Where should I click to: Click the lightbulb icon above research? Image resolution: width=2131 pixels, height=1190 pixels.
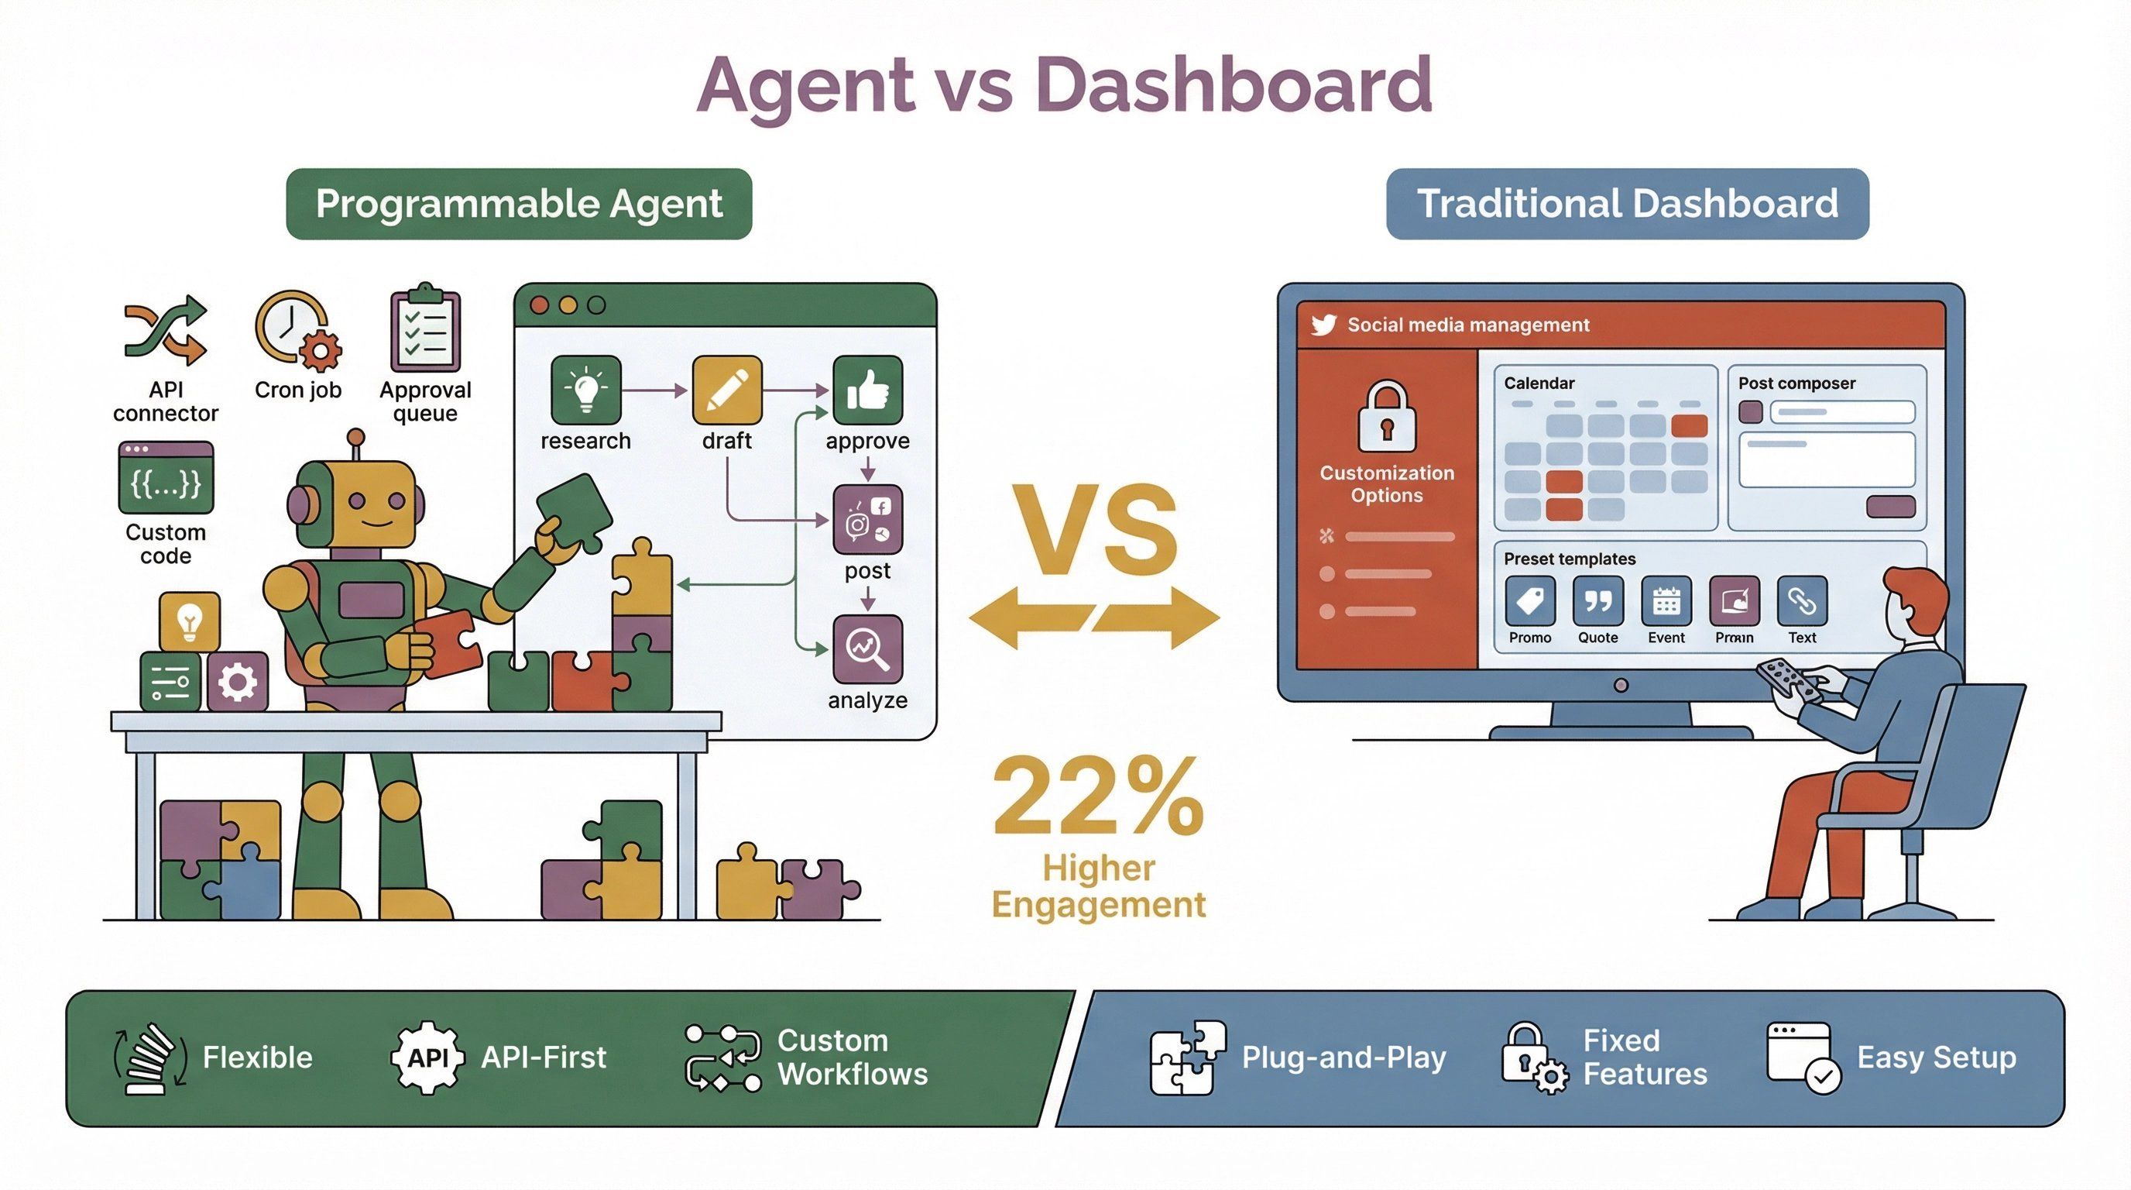(x=585, y=390)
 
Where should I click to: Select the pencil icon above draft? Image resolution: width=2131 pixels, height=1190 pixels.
(x=726, y=390)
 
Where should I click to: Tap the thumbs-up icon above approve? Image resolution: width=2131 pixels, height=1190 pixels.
(x=867, y=390)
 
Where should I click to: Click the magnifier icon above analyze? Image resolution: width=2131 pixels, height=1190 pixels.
(x=867, y=649)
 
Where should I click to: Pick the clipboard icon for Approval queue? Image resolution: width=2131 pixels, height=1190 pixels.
(x=425, y=329)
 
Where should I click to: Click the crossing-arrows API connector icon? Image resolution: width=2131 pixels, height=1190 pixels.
(x=166, y=330)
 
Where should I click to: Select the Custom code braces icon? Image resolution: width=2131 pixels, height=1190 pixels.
(x=166, y=478)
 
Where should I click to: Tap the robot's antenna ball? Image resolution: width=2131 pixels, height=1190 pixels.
(x=355, y=436)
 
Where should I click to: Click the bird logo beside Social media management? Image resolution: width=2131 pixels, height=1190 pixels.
(x=1323, y=325)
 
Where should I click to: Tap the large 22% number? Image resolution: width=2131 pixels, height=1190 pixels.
(x=1098, y=796)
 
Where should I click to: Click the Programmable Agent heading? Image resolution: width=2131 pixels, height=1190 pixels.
(x=519, y=204)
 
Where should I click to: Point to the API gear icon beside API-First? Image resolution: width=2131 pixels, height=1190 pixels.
(x=427, y=1058)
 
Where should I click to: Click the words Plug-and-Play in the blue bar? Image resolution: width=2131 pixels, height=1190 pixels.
(x=1343, y=1058)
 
